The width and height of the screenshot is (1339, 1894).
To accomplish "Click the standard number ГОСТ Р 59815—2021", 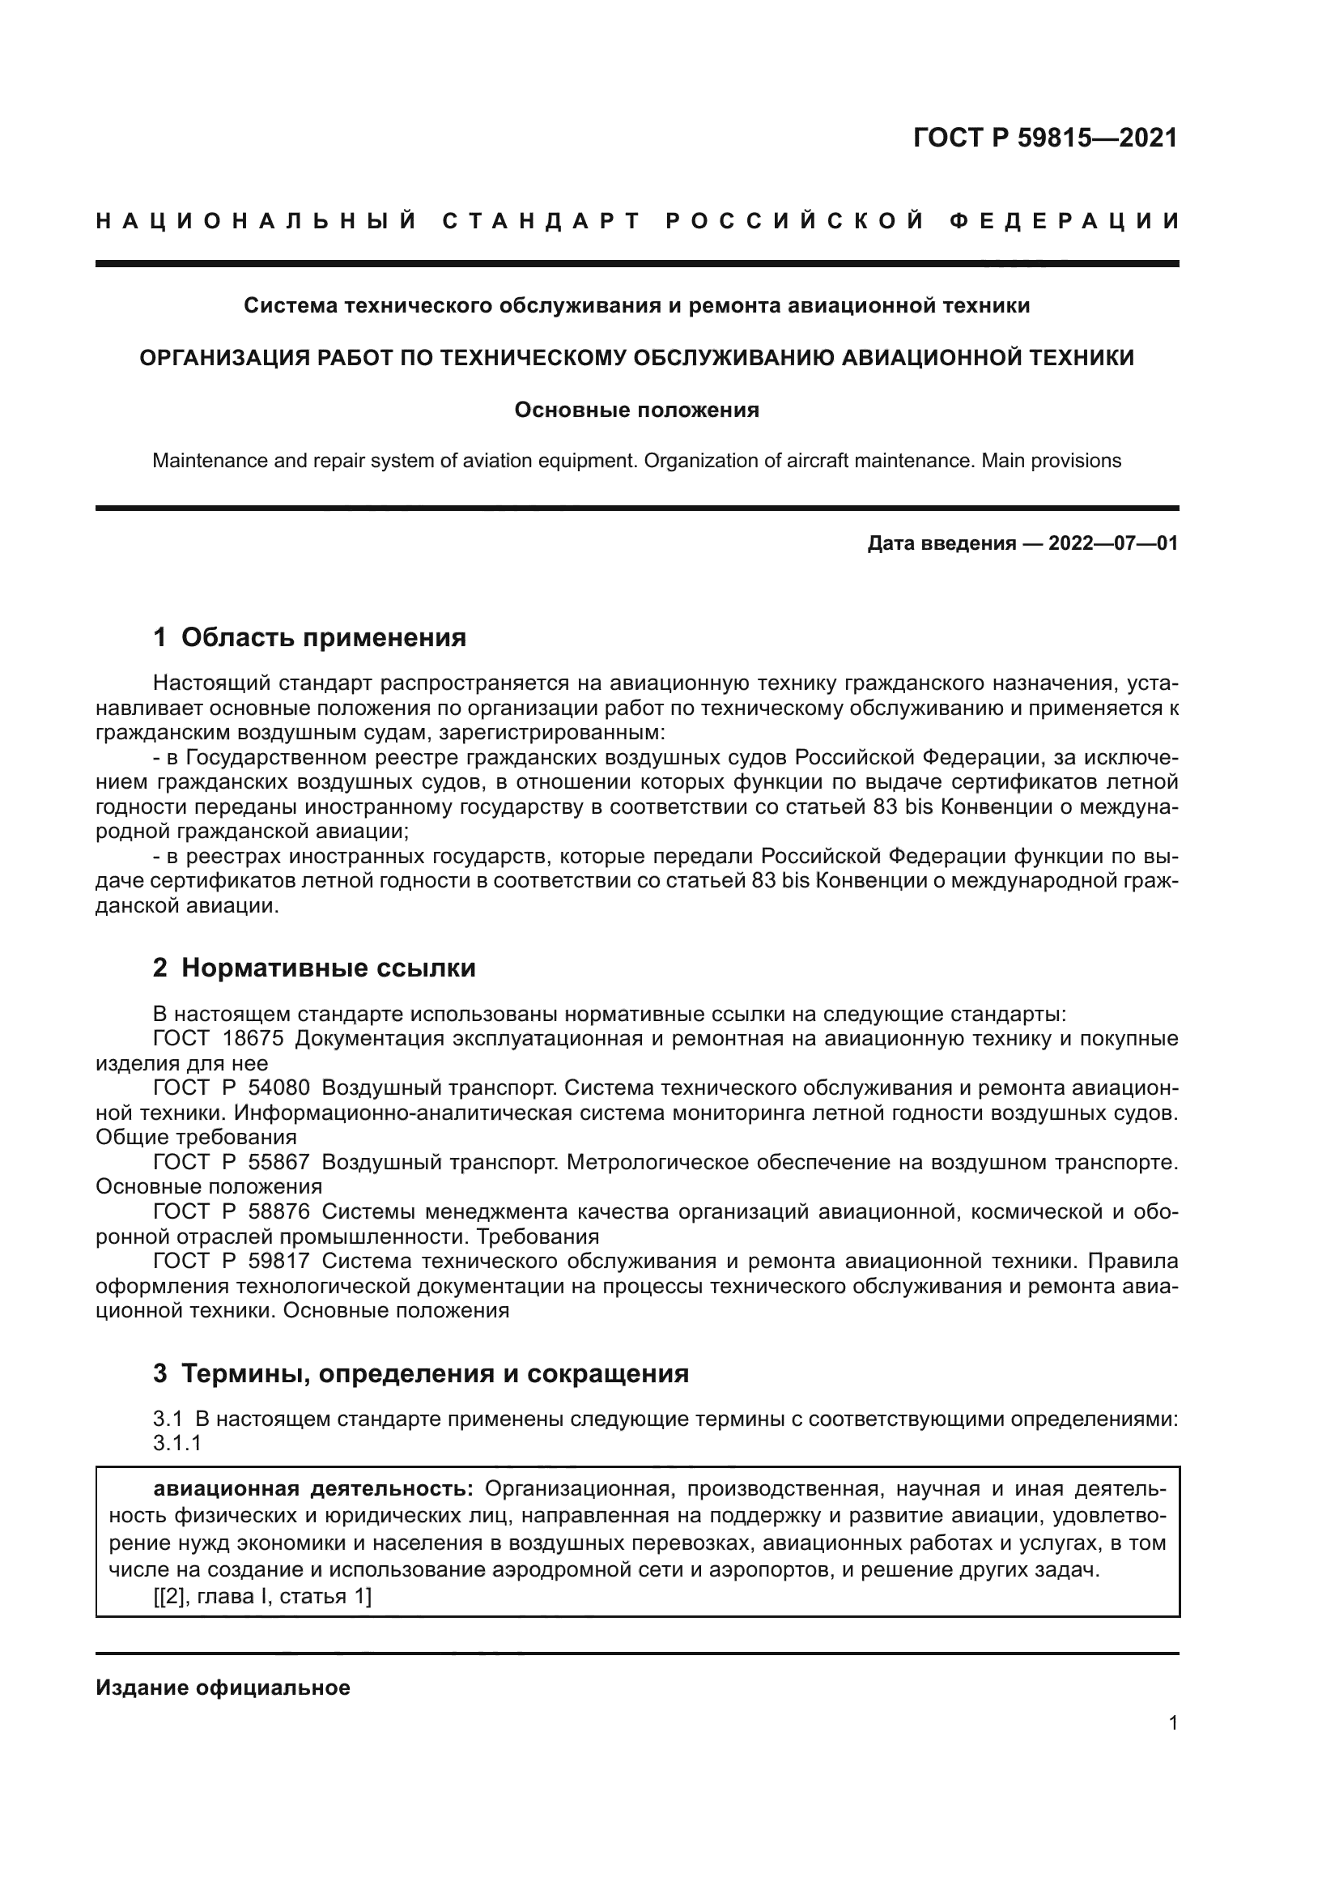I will click(1044, 138).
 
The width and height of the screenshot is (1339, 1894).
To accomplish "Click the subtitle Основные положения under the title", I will click(636, 410).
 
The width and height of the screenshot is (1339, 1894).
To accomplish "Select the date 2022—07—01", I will click(1112, 543).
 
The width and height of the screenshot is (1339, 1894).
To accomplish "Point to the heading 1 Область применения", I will click(309, 637).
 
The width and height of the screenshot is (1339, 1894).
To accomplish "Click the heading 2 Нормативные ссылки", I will click(314, 968).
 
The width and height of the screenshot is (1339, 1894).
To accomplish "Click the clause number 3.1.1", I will click(177, 1444).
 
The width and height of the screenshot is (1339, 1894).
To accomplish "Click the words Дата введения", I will click(941, 543).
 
